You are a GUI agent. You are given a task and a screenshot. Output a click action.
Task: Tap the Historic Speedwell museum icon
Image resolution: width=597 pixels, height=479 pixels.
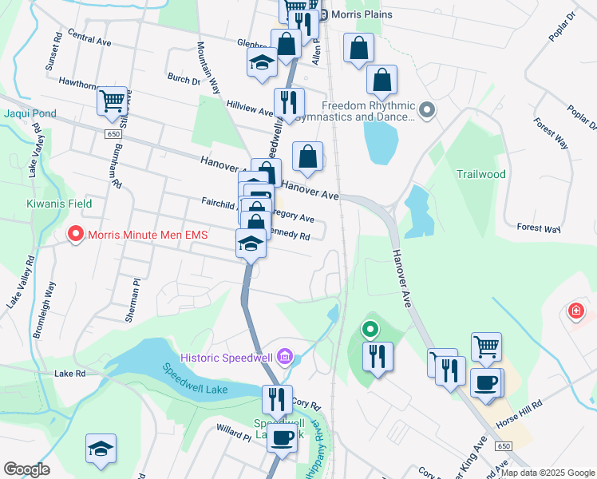coord(286,356)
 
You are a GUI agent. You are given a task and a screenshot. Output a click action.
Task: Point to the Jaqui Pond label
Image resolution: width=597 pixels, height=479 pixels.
coord(30,113)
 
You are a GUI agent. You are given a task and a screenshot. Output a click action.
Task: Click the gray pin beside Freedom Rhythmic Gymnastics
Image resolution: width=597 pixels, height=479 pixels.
coord(427,110)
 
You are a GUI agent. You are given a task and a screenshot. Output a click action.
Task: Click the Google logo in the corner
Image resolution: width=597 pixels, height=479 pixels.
coord(26,469)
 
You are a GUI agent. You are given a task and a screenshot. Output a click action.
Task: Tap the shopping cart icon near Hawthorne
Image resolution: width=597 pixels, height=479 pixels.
coord(113,101)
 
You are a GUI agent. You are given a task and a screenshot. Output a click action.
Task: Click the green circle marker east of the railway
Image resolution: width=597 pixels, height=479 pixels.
coord(370,328)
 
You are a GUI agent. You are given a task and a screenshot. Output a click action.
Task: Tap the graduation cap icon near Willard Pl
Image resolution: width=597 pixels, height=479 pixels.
coord(101,449)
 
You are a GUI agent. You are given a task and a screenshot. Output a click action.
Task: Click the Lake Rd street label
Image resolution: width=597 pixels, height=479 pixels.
coord(69,373)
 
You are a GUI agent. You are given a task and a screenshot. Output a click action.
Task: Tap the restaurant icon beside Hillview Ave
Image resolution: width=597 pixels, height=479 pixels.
coord(288,102)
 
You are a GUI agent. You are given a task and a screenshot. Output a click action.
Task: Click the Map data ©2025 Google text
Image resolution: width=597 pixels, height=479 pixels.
coord(547,473)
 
